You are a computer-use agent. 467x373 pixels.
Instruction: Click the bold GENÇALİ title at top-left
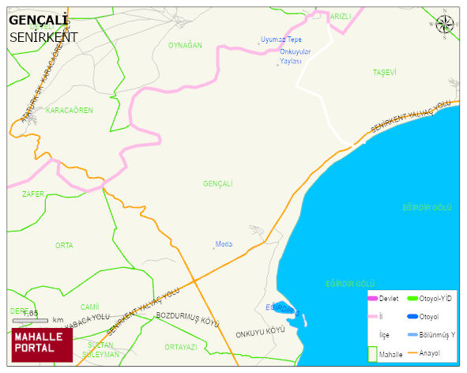[x=38, y=20]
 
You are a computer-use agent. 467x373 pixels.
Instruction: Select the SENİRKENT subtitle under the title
[x=43, y=36]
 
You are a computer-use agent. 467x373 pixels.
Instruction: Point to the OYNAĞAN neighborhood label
[x=185, y=46]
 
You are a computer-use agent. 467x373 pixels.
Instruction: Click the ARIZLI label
[x=340, y=16]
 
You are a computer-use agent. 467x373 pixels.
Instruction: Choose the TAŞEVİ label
[x=384, y=73]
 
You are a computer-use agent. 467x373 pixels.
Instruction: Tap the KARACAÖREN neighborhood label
[x=70, y=110]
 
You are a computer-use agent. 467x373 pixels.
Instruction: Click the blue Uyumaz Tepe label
[x=281, y=40]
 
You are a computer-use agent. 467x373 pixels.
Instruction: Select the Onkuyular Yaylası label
[x=296, y=56]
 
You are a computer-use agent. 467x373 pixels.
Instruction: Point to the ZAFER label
[x=33, y=194]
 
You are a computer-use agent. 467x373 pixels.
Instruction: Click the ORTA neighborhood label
[x=64, y=246]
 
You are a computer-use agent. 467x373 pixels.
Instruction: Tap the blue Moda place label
[x=224, y=243]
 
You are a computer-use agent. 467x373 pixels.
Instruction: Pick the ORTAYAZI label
[x=180, y=347]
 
